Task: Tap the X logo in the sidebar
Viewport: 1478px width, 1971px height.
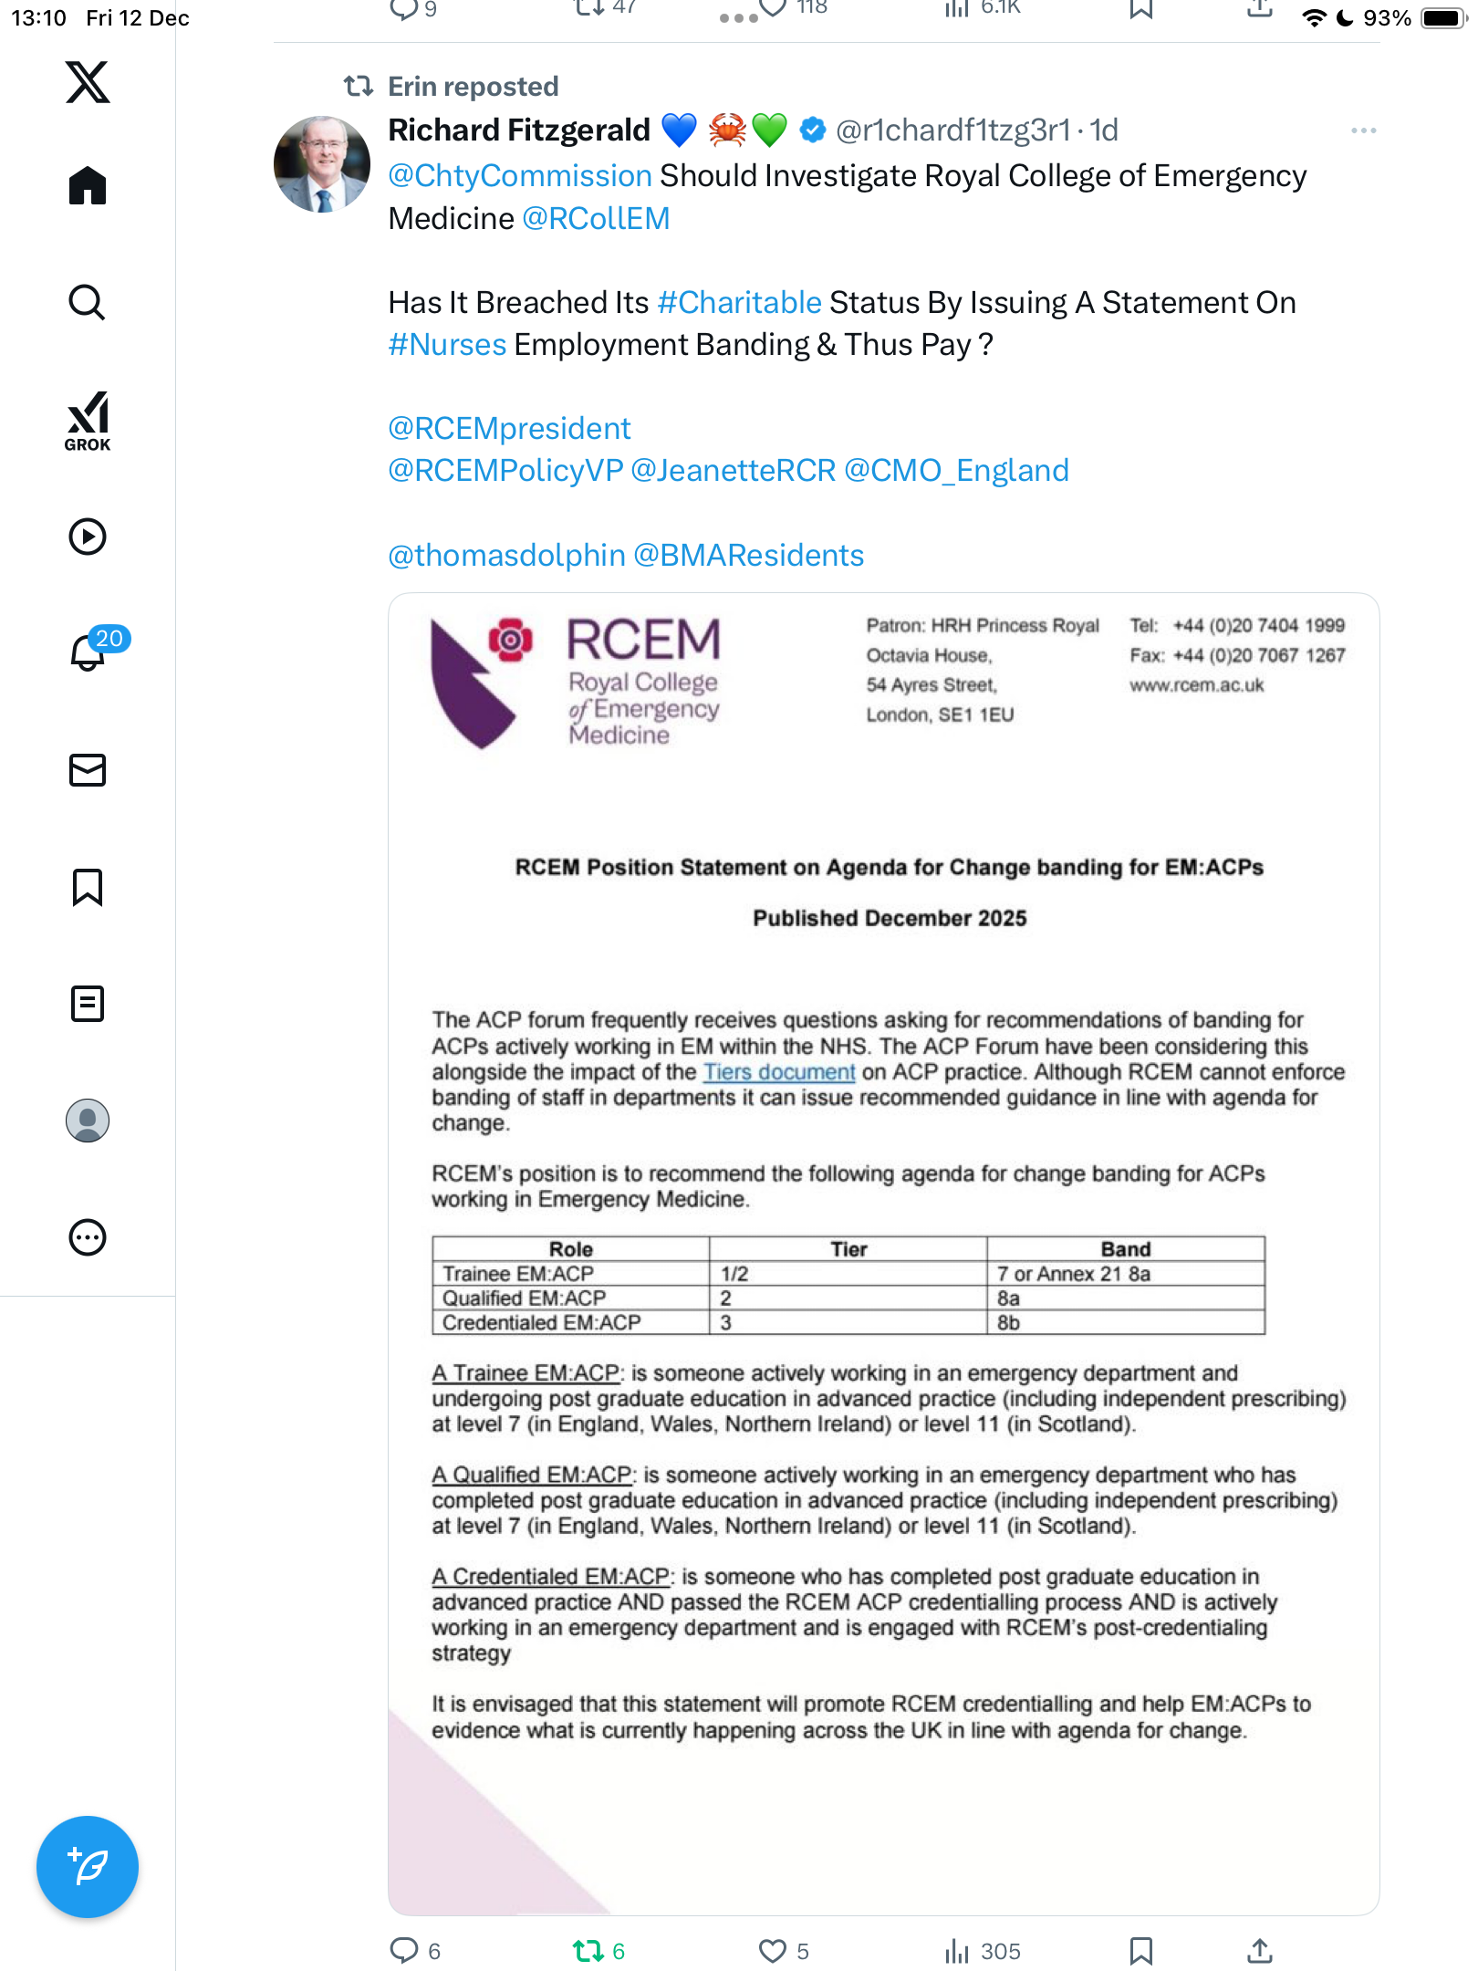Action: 88,82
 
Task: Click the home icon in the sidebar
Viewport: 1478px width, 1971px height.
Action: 88,186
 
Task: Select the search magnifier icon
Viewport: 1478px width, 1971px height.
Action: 88,302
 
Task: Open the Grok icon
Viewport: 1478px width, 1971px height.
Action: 88,421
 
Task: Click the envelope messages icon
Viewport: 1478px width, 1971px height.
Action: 88,770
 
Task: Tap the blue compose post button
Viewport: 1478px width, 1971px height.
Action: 88,1867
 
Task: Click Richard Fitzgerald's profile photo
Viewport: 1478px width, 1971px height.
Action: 322,164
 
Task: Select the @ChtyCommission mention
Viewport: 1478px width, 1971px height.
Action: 520,176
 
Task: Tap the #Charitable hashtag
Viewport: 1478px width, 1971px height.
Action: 740,303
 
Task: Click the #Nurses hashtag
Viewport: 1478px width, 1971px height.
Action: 447,345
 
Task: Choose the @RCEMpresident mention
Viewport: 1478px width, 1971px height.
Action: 509,429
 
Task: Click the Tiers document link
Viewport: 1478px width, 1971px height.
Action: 779,1072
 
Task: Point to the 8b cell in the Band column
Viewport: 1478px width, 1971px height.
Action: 1008,1323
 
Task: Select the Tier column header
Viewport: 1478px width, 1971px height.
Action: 848,1249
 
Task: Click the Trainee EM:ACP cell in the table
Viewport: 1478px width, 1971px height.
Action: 518,1274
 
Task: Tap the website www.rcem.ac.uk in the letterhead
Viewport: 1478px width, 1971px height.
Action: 1197,685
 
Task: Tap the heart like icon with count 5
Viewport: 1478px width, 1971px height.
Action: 773,1951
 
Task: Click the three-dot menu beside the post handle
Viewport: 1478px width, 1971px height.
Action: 1363,131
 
